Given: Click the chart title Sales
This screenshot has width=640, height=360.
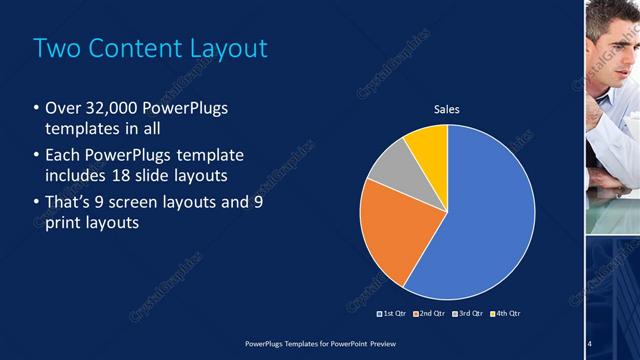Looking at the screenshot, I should tap(446, 109).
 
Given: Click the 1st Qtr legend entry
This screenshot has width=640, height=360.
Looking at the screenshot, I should tap(392, 313).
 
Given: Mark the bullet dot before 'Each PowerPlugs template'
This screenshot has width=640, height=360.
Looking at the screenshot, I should tap(37, 156).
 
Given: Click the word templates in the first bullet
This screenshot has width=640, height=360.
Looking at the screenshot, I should tap(84, 130).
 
